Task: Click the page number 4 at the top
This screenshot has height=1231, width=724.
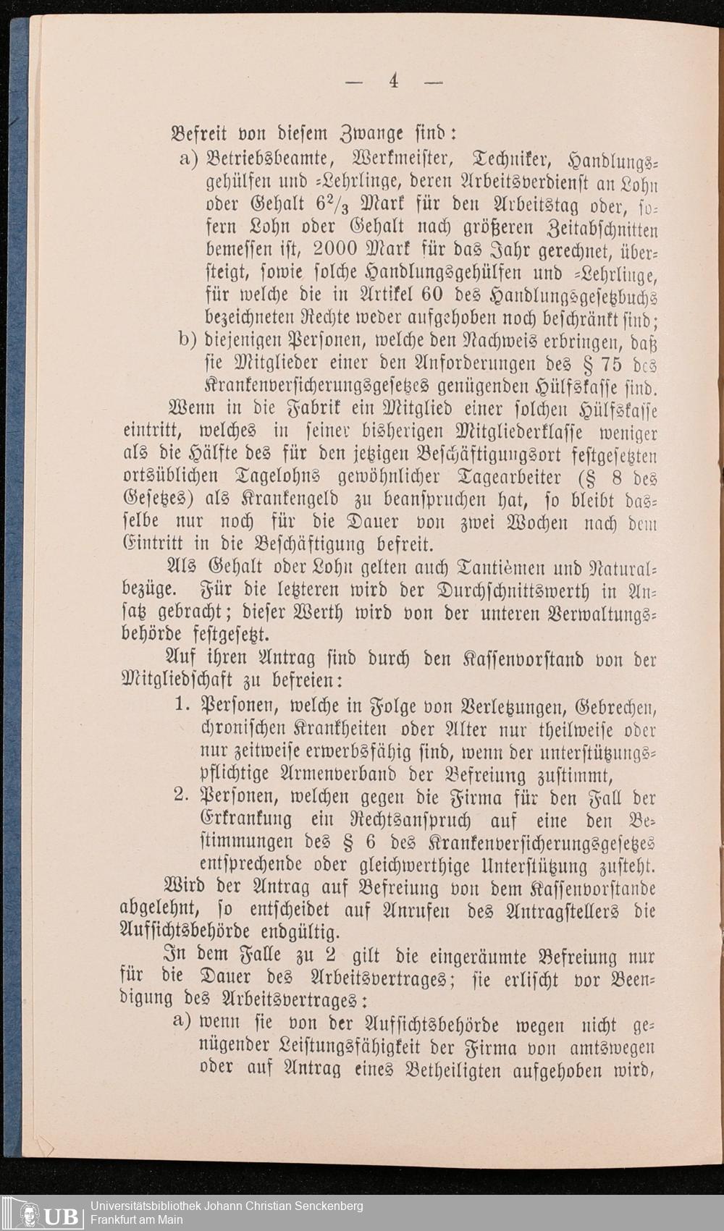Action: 393,80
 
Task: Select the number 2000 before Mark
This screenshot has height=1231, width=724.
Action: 337,248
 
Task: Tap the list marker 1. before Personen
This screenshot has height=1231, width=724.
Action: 182,704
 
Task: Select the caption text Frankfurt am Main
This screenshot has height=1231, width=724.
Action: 136,1220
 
